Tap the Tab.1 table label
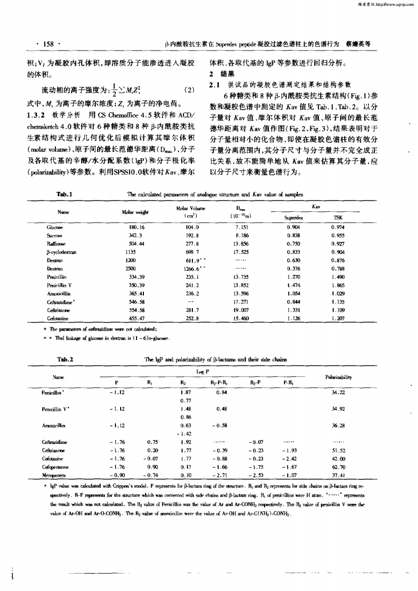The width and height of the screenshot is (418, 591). (64, 195)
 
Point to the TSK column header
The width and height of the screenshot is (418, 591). (337, 217)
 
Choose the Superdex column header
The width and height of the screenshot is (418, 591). (293, 217)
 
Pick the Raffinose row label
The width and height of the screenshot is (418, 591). (55, 244)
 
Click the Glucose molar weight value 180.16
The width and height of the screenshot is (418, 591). (137, 227)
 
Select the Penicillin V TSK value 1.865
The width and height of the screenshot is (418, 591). (338, 285)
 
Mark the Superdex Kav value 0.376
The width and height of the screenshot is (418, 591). (293, 268)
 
